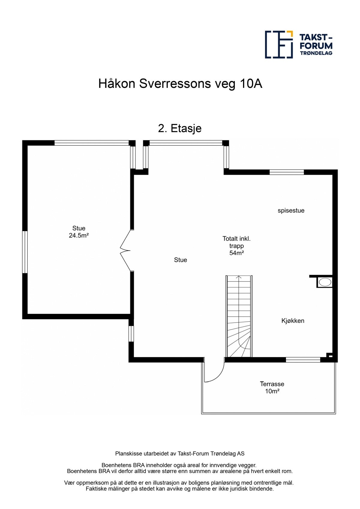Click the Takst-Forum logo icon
pyautogui.click(x=279, y=44)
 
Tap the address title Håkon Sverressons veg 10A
pyautogui.click(x=180, y=84)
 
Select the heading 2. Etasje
pyautogui.click(x=180, y=128)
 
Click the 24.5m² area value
pyautogui.click(x=79, y=236)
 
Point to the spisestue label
pyautogui.click(x=291, y=210)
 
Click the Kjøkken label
pyautogui.click(x=292, y=321)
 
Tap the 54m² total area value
pyautogui.click(x=236, y=253)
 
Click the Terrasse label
pyautogui.click(x=272, y=384)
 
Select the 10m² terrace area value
pyautogui.click(x=272, y=391)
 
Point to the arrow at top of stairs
pyautogui.click(x=239, y=277)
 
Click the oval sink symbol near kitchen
pyautogui.click(x=325, y=282)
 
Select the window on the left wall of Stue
pyautogui.click(x=25, y=252)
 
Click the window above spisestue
pyautogui.click(x=286, y=172)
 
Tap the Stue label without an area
pyautogui.click(x=180, y=260)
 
